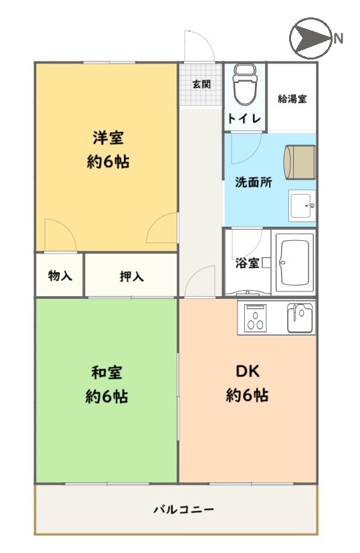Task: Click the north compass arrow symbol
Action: tap(310, 38)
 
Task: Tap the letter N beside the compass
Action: tap(339, 38)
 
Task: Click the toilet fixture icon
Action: tap(245, 85)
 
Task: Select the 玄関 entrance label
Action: tap(201, 84)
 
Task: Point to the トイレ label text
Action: tap(244, 118)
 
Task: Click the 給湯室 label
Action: tap(292, 99)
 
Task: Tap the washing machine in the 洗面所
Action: tap(300, 162)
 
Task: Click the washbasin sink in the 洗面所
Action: tap(302, 205)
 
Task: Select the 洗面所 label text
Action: tap(254, 183)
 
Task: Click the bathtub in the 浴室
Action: tap(294, 262)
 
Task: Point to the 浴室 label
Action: tap(247, 263)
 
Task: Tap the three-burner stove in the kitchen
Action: tap(255, 317)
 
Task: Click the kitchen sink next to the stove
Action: tap(300, 318)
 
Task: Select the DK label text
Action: tap(248, 371)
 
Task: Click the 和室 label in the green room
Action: tap(106, 372)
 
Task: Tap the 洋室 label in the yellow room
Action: tap(108, 138)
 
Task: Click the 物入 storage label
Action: tap(60, 275)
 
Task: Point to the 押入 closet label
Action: tap(132, 277)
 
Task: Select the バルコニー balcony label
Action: tap(184, 510)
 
